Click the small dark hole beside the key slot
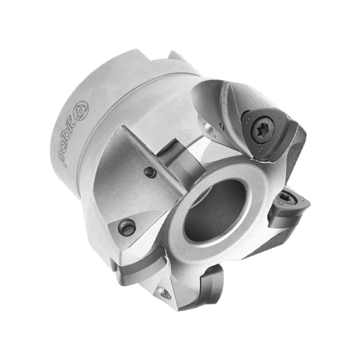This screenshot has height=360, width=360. coord(151,172)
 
